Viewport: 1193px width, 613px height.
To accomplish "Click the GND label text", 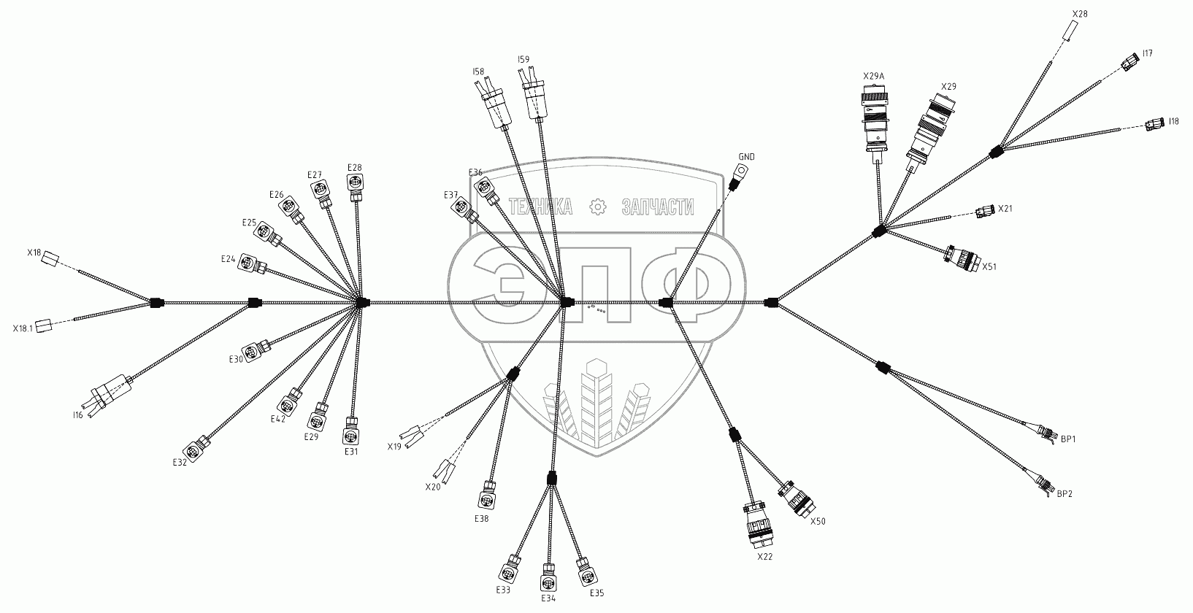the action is [x=746, y=157].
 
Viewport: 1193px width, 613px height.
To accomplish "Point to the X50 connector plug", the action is [x=795, y=500].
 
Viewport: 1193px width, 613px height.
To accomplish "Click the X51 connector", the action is [x=962, y=258].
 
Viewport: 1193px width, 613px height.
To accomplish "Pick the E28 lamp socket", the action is [x=354, y=185].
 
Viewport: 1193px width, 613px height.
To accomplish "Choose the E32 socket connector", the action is [x=197, y=447].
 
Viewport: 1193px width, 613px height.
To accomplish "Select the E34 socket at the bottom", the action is [x=549, y=581].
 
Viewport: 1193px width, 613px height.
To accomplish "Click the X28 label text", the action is [x=1080, y=14].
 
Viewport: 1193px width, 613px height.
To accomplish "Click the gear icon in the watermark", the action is [x=597, y=207].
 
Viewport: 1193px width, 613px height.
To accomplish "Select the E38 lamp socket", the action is [x=488, y=496].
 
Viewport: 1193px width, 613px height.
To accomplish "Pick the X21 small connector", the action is [x=983, y=212].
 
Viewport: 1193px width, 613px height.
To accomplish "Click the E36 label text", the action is [x=475, y=172].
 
